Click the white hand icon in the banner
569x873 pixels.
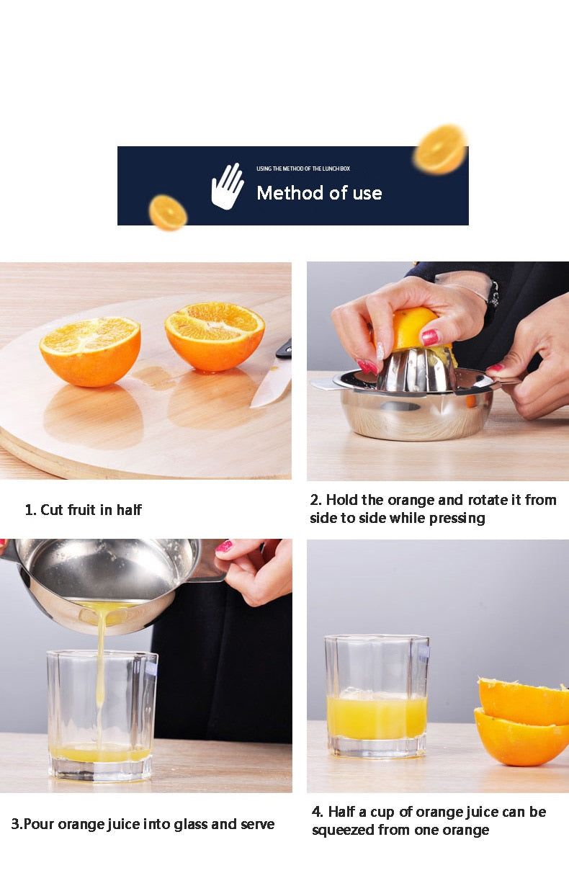click(228, 187)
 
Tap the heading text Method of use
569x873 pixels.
click(319, 193)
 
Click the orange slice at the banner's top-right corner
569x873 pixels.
click(440, 149)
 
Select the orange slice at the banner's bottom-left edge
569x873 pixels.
click(168, 212)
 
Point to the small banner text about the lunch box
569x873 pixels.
click(303, 169)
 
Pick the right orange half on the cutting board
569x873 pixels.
click(214, 336)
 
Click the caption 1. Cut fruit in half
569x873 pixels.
click(83, 510)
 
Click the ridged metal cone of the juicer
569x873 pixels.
click(416, 370)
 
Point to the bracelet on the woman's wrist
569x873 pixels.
click(492, 292)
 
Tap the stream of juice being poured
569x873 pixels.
click(100, 670)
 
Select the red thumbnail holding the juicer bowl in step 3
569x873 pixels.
click(224, 547)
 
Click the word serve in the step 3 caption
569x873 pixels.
click(257, 824)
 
